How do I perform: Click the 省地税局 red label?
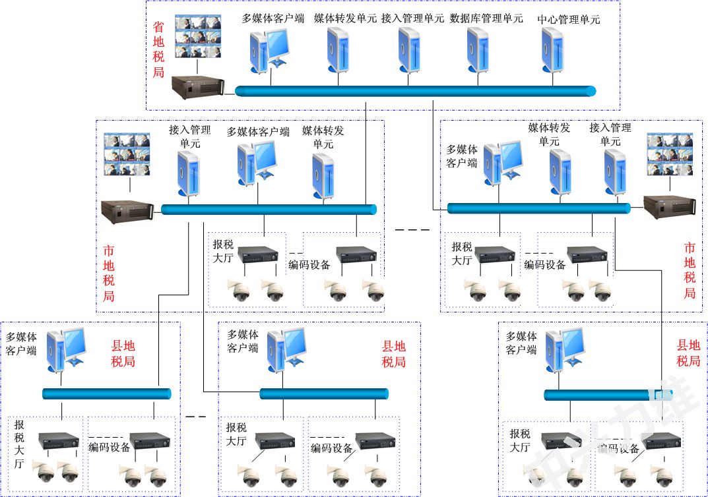pyautogui.click(x=158, y=49)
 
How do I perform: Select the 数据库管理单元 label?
pyautogui.click(x=486, y=18)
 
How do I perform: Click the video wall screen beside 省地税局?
pyautogui.click(x=198, y=36)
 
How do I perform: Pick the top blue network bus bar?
pyautogui.click(x=415, y=91)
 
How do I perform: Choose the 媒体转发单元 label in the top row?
pyautogui.click(x=344, y=18)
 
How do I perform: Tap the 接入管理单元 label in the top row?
pyautogui.click(x=412, y=18)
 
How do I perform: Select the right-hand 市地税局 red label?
pyautogui.click(x=690, y=270)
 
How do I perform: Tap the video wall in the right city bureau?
pyautogui.click(x=670, y=154)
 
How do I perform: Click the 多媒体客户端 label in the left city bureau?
pyautogui.click(x=258, y=132)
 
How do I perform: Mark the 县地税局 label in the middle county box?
pyautogui.click(x=394, y=354)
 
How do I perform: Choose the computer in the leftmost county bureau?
pyautogui.click(x=68, y=348)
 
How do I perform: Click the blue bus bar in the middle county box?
pyautogui.click(x=323, y=394)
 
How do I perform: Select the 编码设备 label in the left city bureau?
pyautogui.click(x=309, y=266)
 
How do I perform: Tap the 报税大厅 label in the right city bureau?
pyautogui.click(x=462, y=253)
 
